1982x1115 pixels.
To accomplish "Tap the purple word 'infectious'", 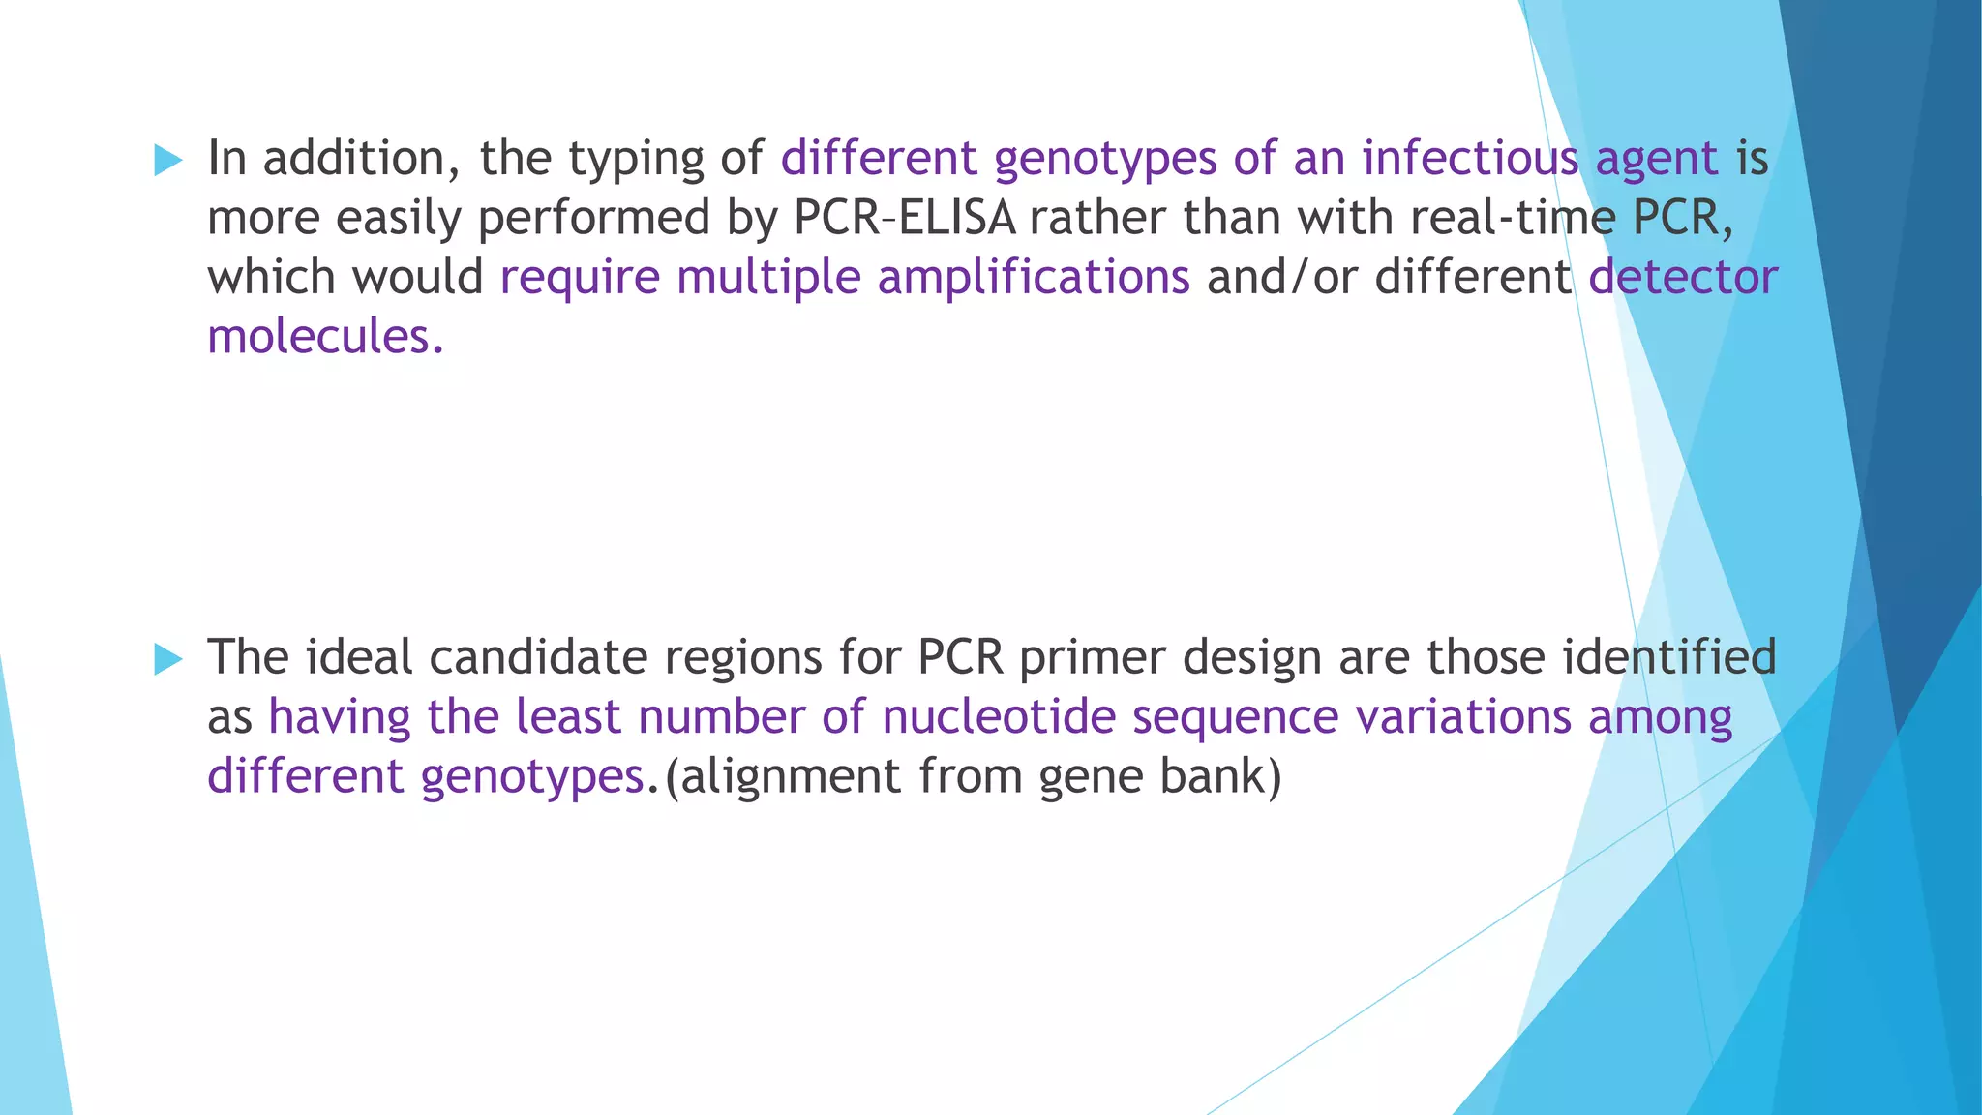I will pyautogui.click(x=1470, y=159).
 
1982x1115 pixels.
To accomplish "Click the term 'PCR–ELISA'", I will pyautogui.click(x=905, y=218).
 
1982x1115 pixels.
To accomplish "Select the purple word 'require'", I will pyautogui.click(x=580, y=279).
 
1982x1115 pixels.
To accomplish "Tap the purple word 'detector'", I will pyautogui.click(x=1683, y=277).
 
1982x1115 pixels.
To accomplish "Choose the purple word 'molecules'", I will pyautogui.click(x=318, y=337).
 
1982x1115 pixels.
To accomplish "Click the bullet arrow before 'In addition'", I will pyautogui.click(x=168, y=161).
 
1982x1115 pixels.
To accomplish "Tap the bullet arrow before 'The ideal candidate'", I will pyautogui.click(x=168, y=660).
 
